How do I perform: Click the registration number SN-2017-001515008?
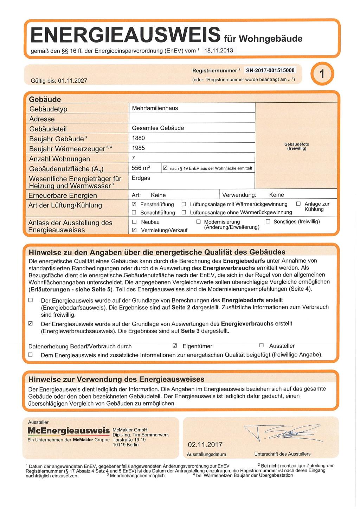click(x=270, y=70)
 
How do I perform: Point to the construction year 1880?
click(x=138, y=138)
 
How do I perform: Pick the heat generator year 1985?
click(x=138, y=148)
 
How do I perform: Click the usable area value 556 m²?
click(x=141, y=168)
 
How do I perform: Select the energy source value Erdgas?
click(x=141, y=178)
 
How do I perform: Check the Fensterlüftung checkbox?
click(x=134, y=204)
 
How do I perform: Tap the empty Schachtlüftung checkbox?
click(x=134, y=213)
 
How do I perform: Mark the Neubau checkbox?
click(x=134, y=222)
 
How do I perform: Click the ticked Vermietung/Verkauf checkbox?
click(x=134, y=230)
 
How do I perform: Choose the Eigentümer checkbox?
click(x=175, y=346)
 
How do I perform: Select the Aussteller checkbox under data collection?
click(x=262, y=346)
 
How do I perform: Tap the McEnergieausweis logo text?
click(x=69, y=431)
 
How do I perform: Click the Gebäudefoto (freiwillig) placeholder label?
click(x=297, y=146)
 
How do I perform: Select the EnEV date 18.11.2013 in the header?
click(x=219, y=51)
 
